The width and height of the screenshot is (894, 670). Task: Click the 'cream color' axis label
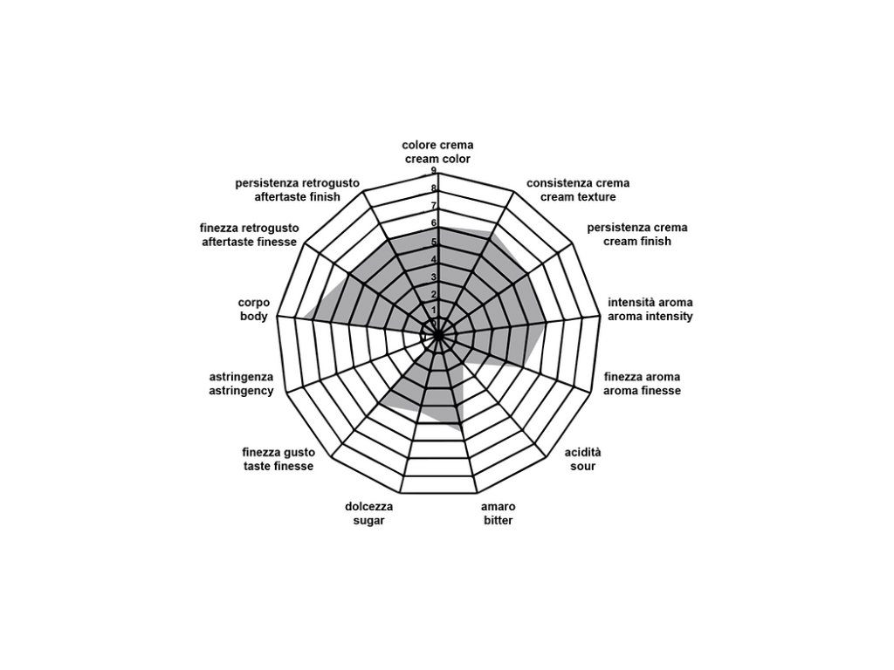coord(437,160)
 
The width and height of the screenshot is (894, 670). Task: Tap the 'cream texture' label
coord(578,197)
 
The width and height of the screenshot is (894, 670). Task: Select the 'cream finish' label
coord(637,242)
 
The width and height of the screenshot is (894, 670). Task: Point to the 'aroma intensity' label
coord(650,317)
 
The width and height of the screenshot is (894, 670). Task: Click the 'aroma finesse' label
coord(642,391)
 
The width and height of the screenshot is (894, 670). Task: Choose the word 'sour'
coord(582,467)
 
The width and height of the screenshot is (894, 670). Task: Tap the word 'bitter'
coord(498,521)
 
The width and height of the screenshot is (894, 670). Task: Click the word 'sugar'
coord(368,521)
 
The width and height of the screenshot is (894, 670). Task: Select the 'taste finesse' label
coord(278,467)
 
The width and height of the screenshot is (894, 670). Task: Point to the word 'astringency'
coord(241,391)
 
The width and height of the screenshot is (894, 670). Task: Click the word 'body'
coord(254,317)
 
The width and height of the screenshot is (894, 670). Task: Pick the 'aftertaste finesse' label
coord(249,242)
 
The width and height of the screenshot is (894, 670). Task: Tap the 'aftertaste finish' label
coord(298,197)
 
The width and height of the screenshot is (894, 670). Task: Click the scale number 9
coord(434,171)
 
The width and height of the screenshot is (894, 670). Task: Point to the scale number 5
coord(434,242)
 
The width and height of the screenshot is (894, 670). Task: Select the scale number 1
coord(434,311)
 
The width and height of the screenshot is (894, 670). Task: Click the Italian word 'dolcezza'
coord(368,507)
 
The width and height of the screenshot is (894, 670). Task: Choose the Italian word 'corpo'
coord(254,303)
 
